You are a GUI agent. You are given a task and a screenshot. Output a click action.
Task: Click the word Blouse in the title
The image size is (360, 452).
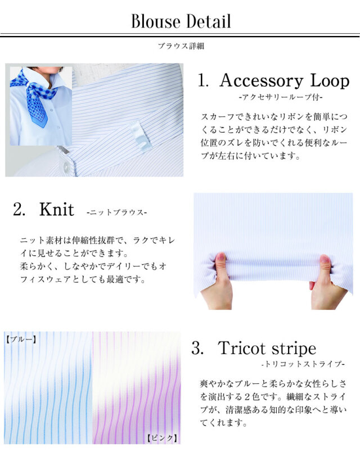tap(155, 21)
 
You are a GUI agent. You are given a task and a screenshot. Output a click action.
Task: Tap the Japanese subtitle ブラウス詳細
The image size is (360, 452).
tap(181, 46)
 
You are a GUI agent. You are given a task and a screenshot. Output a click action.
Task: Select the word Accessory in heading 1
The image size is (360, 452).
tap(261, 82)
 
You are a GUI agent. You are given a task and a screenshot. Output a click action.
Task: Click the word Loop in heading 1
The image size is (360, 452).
tap(330, 82)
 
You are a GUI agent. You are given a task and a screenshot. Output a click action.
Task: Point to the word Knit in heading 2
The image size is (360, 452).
tap(57, 209)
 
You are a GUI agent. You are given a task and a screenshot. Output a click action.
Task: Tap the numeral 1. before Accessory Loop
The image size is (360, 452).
tap(203, 80)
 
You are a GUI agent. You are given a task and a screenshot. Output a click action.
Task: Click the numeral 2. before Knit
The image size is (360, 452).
tap(19, 209)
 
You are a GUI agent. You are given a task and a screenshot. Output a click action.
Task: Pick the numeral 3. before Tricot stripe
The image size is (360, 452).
tap(197, 348)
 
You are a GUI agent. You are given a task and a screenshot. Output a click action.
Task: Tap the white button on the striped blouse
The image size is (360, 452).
tap(66, 167)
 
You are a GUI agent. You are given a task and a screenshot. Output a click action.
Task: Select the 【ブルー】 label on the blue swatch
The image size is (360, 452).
tap(21, 339)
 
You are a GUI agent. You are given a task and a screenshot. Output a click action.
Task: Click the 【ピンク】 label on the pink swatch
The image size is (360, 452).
tap(163, 438)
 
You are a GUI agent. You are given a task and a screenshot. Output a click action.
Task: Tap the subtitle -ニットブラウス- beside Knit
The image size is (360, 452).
tap(116, 213)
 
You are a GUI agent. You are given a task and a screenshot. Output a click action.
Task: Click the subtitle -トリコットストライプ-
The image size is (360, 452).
tap(303, 364)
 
